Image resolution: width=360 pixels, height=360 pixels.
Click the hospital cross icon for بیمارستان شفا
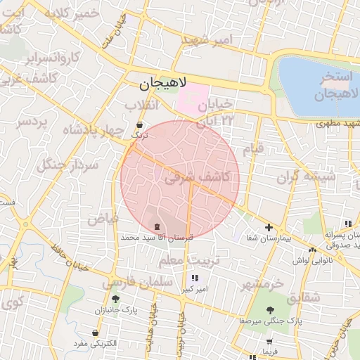click(x=269, y=227)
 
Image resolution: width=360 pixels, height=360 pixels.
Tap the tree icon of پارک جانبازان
click(x=115, y=299)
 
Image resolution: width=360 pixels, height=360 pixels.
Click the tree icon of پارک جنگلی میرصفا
click(x=269, y=309)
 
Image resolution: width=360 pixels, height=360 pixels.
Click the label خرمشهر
click(x=262, y=285)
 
